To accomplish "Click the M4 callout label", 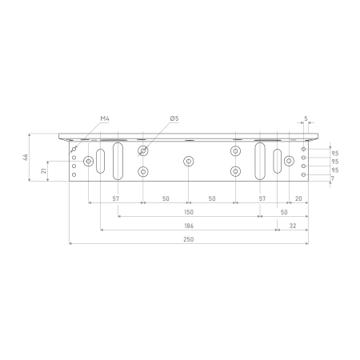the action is [x=105, y=118].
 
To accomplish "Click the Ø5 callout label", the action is [x=174, y=118].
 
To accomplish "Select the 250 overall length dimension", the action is [x=189, y=239].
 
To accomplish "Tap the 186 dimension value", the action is [x=189, y=226].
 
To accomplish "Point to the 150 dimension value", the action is [x=189, y=212].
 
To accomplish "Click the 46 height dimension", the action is [x=26, y=157].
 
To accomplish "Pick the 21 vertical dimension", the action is [x=43, y=170].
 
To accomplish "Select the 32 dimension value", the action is [x=293, y=226].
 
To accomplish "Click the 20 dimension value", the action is [x=298, y=198].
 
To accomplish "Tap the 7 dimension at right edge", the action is [x=333, y=178].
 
